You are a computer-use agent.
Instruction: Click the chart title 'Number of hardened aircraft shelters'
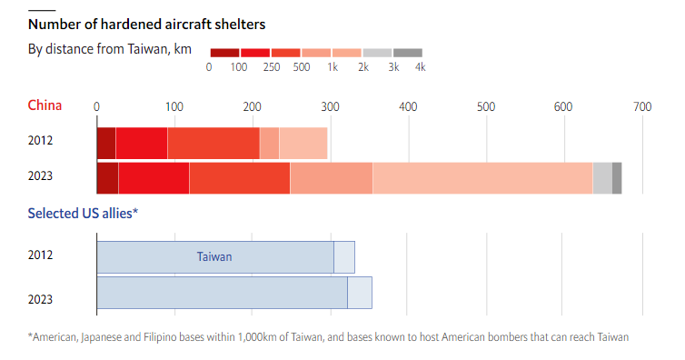click(x=147, y=25)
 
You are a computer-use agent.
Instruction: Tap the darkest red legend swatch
click(x=224, y=53)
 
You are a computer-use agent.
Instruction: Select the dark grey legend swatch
click(x=408, y=53)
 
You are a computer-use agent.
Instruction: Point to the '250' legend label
click(x=272, y=67)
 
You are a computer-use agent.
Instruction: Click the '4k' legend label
click(x=421, y=67)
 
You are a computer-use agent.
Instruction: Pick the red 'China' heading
click(x=45, y=105)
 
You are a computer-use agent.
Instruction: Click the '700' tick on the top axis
click(x=642, y=106)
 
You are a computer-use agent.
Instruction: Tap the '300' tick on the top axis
click(x=331, y=106)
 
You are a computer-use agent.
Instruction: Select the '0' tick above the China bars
click(x=96, y=106)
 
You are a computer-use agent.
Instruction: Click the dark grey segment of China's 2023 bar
click(x=617, y=178)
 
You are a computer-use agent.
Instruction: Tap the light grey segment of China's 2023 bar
click(x=602, y=178)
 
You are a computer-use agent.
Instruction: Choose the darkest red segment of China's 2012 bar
click(x=106, y=144)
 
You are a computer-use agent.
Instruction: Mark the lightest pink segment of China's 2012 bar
click(x=303, y=144)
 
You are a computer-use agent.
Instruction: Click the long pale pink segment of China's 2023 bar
click(x=482, y=178)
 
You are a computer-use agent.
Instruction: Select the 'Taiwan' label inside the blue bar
click(x=214, y=256)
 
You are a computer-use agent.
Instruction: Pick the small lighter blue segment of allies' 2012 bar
click(x=344, y=257)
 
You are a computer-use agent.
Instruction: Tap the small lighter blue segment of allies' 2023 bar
click(x=360, y=293)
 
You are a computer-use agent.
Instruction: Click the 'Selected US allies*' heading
click(x=83, y=214)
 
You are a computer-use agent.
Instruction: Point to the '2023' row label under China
click(x=40, y=175)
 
